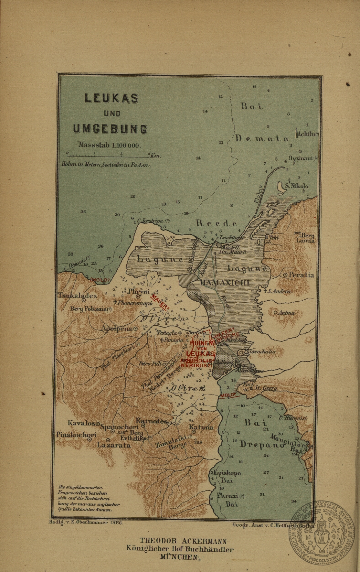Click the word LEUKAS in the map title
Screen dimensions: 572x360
[x=111, y=98]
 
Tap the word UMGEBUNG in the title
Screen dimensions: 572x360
[x=110, y=129]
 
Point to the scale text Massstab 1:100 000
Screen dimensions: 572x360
[x=109, y=145]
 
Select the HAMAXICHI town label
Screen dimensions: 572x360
[x=225, y=283]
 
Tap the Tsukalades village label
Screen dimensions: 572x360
[x=77, y=295]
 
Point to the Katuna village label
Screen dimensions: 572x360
[x=201, y=427]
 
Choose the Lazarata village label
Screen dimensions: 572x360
[x=114, y=445]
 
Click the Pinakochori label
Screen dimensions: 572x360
[x=76, y=435]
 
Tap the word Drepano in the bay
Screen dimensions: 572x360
[x=262, y=444]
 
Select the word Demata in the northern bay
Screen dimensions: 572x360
[x=262, y=139]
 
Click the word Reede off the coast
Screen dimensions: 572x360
[x=216, y=223]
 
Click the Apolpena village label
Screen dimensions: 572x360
[x=117, y=328]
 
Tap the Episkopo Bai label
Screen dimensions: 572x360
[x=227, y=476]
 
